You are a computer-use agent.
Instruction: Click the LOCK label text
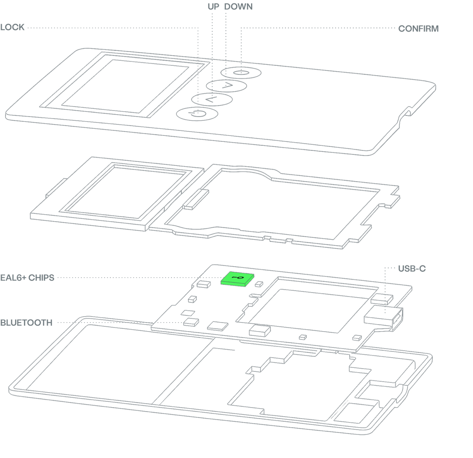[x=12, y=27]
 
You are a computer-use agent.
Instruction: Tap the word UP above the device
[x=213, y=7]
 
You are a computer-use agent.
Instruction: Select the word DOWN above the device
[x=238, y=7]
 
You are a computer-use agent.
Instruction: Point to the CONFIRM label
[x=418, y=29]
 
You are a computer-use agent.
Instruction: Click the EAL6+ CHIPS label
[x=27, y=278]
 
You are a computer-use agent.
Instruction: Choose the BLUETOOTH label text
[x=26, y=323]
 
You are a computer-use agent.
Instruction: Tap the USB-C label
[x=412, y=269]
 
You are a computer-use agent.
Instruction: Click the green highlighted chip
[x=237, y=279]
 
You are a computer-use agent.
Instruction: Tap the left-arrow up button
[x=212, y=99]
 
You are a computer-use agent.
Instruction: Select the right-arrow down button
[x=226, y=85]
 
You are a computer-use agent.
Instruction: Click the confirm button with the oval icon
[x=241, y=72]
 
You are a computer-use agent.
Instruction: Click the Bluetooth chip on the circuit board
[x=191, y=322]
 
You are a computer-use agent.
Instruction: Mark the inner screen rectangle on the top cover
[x=125, y=86]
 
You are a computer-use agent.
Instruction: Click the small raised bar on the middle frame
[x=196, y=199]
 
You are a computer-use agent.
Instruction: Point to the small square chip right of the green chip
[x=259, y=284]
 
